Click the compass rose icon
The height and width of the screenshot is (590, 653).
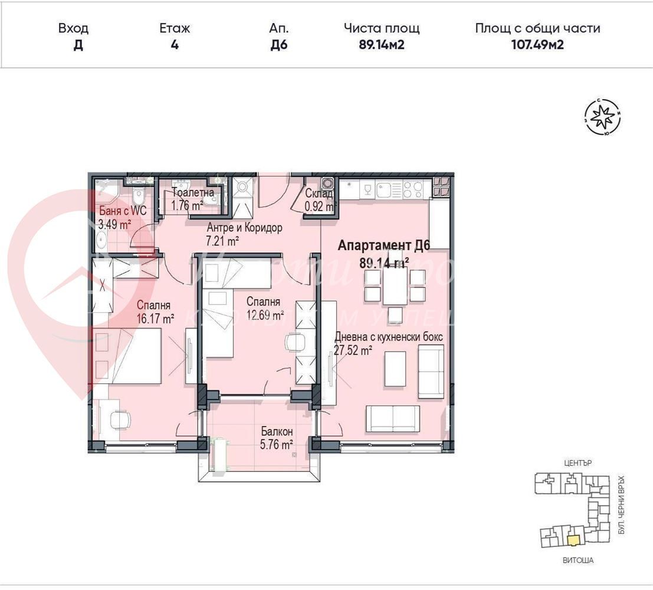(602, 117)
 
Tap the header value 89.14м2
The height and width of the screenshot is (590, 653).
(381, 45)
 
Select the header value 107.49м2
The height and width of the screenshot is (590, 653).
(537, 45)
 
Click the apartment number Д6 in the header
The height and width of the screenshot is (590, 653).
(278, 45)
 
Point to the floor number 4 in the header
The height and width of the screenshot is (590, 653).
(175, 45)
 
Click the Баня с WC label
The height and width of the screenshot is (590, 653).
(122, 211)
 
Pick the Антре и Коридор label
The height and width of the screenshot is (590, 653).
(244, 227)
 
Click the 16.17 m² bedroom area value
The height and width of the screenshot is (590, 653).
(155, 319)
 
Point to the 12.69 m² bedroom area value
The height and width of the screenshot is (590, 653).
(265, 314)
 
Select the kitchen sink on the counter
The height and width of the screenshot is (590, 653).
(383, 189)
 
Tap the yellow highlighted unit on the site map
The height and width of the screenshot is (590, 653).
(572, 539)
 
